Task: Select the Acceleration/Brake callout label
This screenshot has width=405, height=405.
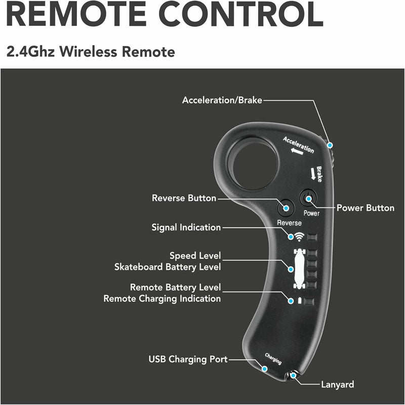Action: pyautogui.click(x=222, y=100)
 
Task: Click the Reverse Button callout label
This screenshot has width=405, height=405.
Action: pyautogui.click(x=184, y=198)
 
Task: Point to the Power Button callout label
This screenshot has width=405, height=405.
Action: pyautogui.click(x=366, y=208)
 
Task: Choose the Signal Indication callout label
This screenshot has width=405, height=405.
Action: pyautogui.click(x=186, y=227)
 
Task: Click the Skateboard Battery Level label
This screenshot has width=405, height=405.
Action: pyautogui.click(x=168, y=267)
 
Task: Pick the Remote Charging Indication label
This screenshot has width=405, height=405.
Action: pyautogui.click(x=162, y=299)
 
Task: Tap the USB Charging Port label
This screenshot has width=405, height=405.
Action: pyautogui.click(x=188, y=359)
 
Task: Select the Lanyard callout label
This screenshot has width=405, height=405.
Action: pyautogui.click(x=338, y=384)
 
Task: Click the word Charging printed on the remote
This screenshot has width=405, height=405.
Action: pyautogui.click(x=273, y=359)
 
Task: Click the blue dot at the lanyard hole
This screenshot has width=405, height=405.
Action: pyautogui.click(x=292, y=375)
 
